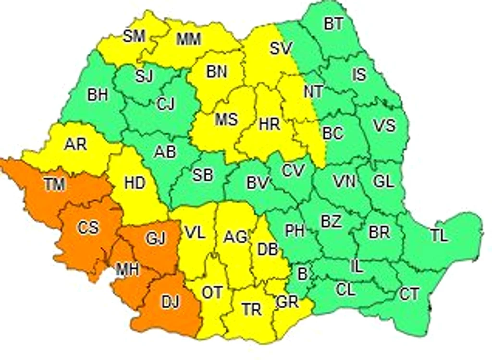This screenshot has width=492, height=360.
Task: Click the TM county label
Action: pyautogui.click(x=54, y=184)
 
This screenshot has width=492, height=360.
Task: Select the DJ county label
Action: pyautogui.click(x=170, y=302)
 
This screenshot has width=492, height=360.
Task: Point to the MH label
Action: pyautogui.click(x=127, y=270)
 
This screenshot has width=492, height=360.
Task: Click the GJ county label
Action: pyautogui.click(x=155, y=238)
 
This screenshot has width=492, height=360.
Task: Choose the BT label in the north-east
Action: pyautogui.click(x=333, y=24)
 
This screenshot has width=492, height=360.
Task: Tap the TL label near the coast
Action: pyautogui.click(x=439, y=236)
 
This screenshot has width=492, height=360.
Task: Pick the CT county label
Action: pyautogui.click(x=409, y=294)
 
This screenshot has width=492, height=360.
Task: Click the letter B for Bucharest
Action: pyautogui.click(x=302, y=274)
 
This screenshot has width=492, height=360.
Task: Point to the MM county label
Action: pyautogui.click(x=188, y=39)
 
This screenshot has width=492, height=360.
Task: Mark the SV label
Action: pyautogui.click(x=281, y=48)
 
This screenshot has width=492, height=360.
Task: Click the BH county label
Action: pyautogui.click(x=98, y=95)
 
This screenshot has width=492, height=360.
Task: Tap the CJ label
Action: pyautogui.click(x=165, y=104)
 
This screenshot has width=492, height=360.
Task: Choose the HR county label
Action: pyautogui.click(x=269, y=125)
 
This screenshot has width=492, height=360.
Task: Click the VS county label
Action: pyautogui.click(x=384, y=125)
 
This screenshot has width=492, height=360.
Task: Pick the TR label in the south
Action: pyautogui.click(x=251, y=310)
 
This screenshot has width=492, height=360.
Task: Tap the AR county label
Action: pyautogui.click(x=75, y=144)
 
